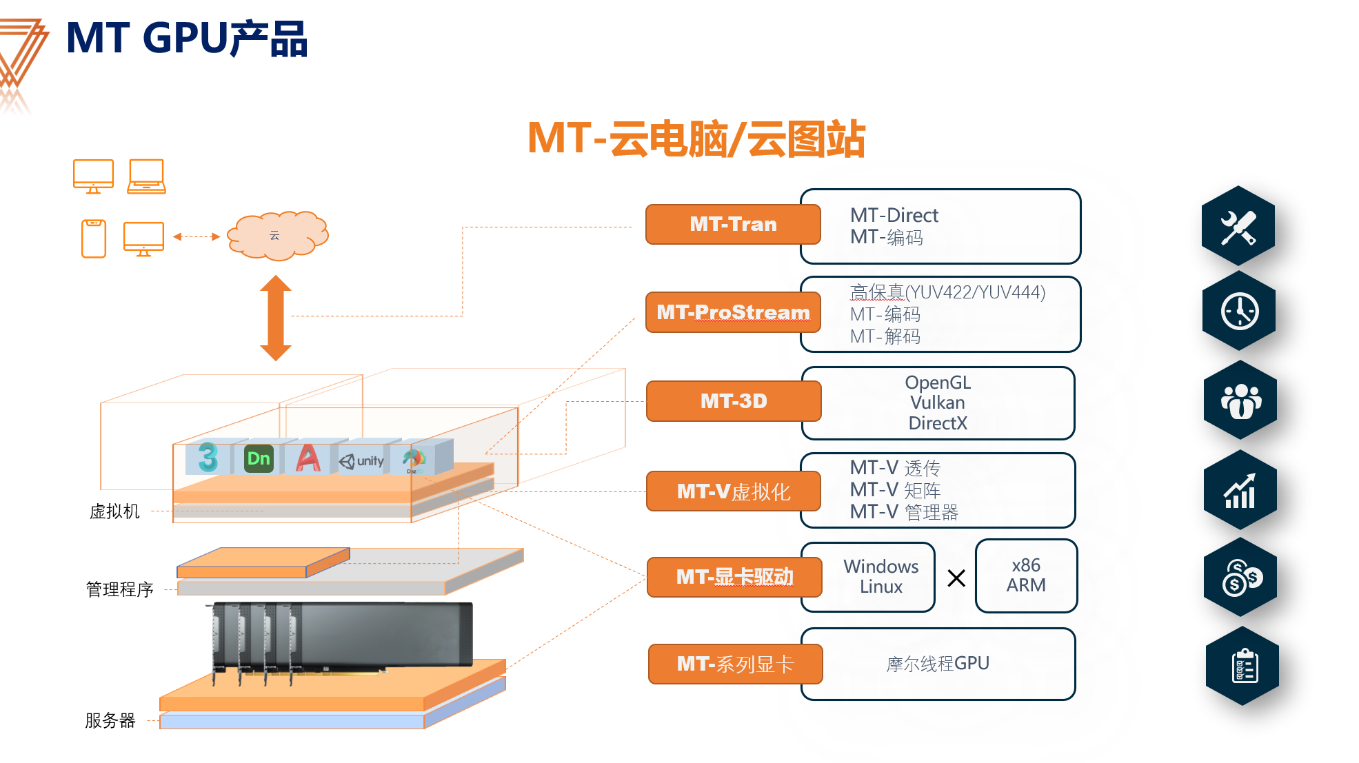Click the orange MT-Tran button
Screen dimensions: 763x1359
[732, 224]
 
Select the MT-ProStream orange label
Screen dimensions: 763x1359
[732, 312]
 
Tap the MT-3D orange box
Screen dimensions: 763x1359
[733, 401]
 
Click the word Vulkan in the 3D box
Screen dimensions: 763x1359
[937, 403]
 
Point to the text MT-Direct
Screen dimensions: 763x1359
[894, 215]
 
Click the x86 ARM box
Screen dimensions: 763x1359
[1025, 576]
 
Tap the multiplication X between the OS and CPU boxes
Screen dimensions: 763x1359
[956, 578]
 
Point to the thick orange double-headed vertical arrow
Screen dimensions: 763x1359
[276, 318]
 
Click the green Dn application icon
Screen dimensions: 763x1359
[259, 458]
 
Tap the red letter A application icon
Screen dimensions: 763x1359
[308, 458]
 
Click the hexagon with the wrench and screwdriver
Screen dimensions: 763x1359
[1238, 226]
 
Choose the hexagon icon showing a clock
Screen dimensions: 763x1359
[1239, 312]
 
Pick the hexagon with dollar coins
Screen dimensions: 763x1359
[1240, 578]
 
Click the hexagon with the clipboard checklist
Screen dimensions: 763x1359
[1242, 667]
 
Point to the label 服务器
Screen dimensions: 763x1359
[110, 720]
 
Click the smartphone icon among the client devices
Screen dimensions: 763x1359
[93, 238]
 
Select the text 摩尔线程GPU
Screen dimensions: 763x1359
[937, 664]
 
